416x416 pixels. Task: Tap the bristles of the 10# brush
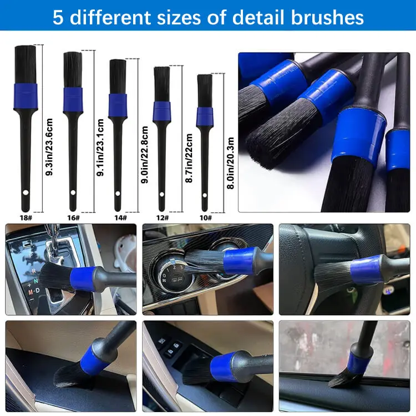pos(205,90)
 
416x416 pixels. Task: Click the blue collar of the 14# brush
pos(118,105)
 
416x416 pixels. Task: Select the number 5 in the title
pos(58,17)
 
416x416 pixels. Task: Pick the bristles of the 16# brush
pos(73,70)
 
